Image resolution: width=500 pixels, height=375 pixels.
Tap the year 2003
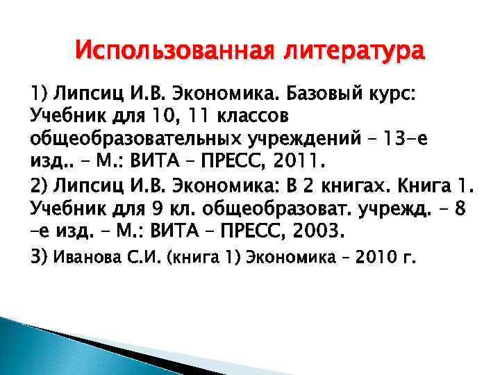coord(309,231)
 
